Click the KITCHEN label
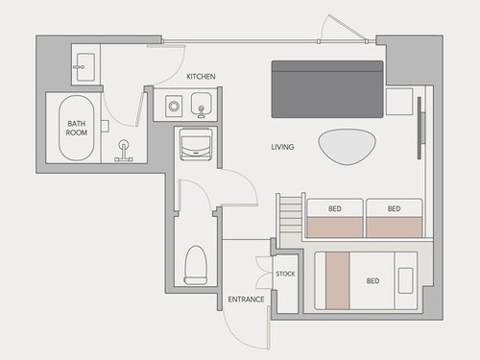point(201,77)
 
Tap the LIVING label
point(282,147)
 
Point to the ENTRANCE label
point(246,300)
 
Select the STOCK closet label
point(285,274)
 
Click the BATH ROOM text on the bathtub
point(77,128)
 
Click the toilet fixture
point(195,265)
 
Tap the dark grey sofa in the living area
point(327,89)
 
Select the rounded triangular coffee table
point(348,147)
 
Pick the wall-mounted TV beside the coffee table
point(421,128)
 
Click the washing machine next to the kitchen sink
point(174,106)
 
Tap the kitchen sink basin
point(201,103)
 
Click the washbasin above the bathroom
point(85,67)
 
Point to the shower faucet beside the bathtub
point(124,151)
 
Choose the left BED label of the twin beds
point(335,208)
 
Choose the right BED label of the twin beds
point(394,208)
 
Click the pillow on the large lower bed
point(405,280)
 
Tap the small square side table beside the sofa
point(399,102)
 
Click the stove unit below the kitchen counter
point(196,144)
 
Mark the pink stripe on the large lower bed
point(337,280)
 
